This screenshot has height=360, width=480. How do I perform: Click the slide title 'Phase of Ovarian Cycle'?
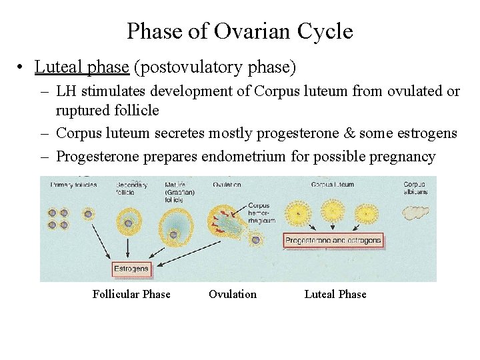240,31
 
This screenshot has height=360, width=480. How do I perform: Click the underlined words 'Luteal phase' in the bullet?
81,67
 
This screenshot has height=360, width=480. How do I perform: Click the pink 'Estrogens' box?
131,269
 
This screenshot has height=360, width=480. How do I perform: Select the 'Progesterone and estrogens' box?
333,240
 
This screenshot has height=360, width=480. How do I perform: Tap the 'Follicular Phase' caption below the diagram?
131,294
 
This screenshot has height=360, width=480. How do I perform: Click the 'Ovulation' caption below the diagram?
232,294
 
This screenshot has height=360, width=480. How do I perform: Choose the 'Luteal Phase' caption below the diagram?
335,294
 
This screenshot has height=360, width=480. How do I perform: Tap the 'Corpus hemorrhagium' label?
261,213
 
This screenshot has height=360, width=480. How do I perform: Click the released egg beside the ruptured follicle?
255,239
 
